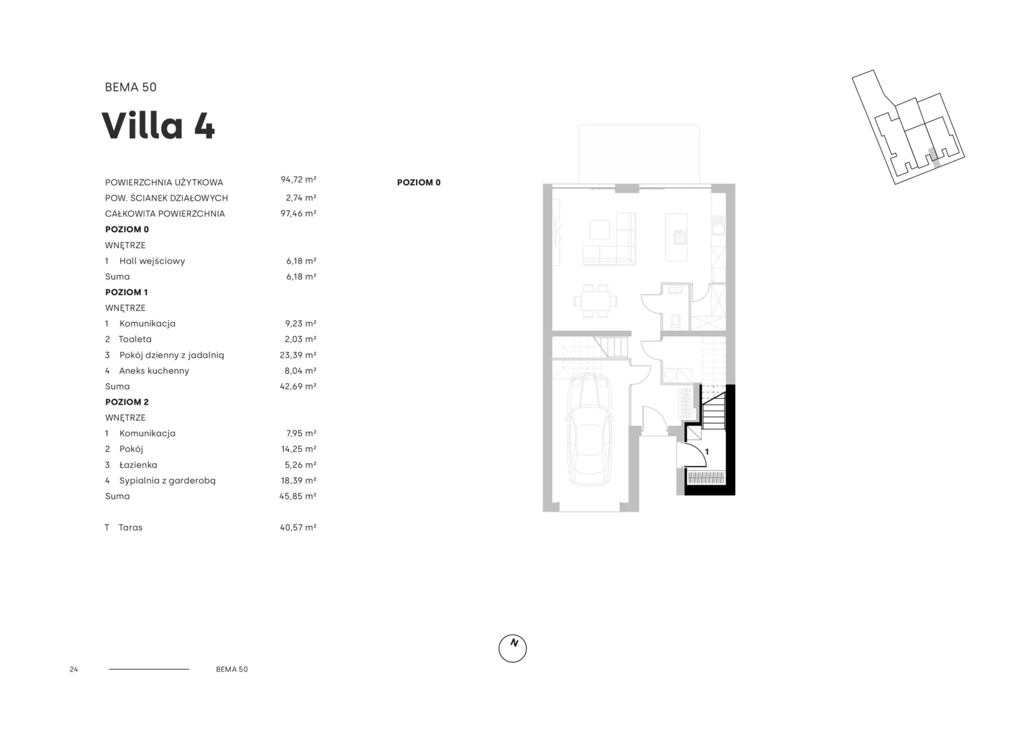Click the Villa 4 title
pyautogui.click(x=158, y=125)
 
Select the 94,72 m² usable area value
pyautogui.click(x=299, y=180)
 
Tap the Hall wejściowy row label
pyautogui.click(x=152, y=261)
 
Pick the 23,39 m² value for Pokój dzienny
pyautogui.click(x=298, y=355)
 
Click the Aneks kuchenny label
pyautogui.click(x=154, y=371)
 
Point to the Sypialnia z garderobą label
pyautogui.click(x=167, y=481)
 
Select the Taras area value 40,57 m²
pyautogui.click(x=298, y=527)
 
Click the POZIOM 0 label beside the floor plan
pyautogui.click(x=419, y=182)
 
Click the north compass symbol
pyautogui.click(x=512, y=648)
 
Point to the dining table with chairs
pyautogui.click(x=595, y=301)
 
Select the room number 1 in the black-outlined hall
pyautogui.click(x=706, y=452)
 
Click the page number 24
pyautogui.click(x=74, y=669)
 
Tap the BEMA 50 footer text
pyautogui.click(x=232, y=669)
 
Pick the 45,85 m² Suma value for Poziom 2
pyautogui.click(x=298, y=496)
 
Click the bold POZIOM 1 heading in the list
pyautogui.click(x=126, y=292)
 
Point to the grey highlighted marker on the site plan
pyautogui.click(x=934, y=157)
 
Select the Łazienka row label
pyautogui.click(x=138, y=465)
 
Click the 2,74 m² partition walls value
pyautogui.click(x=301, y=198)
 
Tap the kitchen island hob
pyautogui.click(x=679, y=237)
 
